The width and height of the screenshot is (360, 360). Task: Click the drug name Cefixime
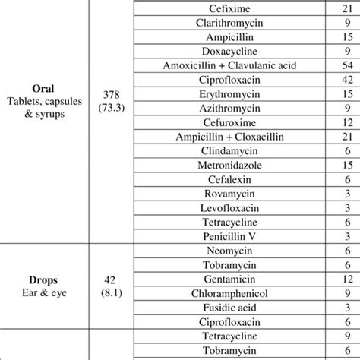point(231,8)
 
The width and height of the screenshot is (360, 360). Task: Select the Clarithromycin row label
point(231,23)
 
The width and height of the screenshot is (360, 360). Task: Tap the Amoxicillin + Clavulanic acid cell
point(231,66)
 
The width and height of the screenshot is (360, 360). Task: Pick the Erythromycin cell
point(231,95)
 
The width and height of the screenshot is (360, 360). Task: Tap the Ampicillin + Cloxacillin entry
point(231,138)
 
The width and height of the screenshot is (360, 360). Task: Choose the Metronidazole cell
point(231,167)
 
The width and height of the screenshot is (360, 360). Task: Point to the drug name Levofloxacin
point(231,210)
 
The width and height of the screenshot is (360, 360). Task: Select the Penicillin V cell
point(231,239)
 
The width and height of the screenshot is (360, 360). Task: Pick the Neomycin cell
point(231,254)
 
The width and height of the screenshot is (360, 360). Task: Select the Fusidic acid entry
point(231,311)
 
